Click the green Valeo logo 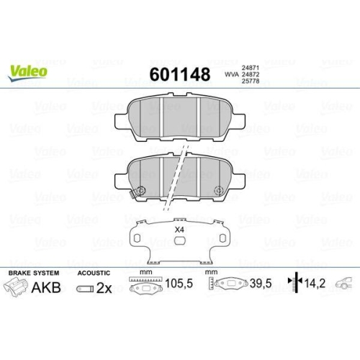pyautogui.click(x=28, y=71)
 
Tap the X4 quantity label pyautogui.click(x=179, y=230)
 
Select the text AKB pyautogui.click(x=48, y=288)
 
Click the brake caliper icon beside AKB pyautogui.click(x=17, y=288)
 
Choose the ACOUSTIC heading pyautogui.click(x=94, y=274)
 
